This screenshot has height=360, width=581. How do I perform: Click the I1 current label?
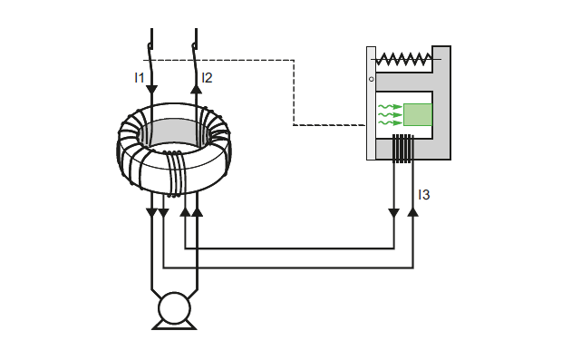click(140, 78)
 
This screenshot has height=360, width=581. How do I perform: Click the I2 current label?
click(207, 78)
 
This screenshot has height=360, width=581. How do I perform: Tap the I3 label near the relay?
click(423, 195)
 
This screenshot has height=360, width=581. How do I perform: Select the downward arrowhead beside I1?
click(151, 89)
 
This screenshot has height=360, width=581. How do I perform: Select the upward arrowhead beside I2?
click(196, 88)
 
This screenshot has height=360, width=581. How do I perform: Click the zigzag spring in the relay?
click(404, 60)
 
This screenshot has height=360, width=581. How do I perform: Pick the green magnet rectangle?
click(418, 115)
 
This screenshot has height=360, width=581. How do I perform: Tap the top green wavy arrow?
click(389, 107)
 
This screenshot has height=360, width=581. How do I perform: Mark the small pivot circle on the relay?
click(372, 79)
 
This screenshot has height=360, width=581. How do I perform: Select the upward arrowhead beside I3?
click(413, 211)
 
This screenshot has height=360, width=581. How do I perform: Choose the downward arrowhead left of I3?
click(393, 212)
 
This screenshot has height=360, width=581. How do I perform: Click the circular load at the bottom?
click(174, 309)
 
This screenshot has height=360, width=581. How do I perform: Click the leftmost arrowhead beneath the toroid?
click(151, 212)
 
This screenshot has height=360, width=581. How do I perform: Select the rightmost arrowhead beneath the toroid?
click(198, 211)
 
